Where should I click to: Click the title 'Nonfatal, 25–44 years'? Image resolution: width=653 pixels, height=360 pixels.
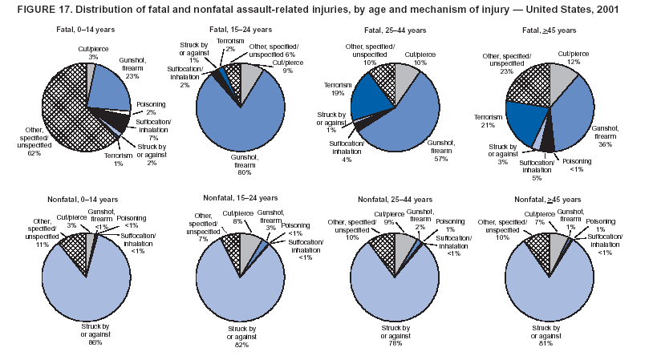click(x=395, y=196)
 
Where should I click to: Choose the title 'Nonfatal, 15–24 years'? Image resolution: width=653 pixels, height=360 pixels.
click(x=241, y=197)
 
